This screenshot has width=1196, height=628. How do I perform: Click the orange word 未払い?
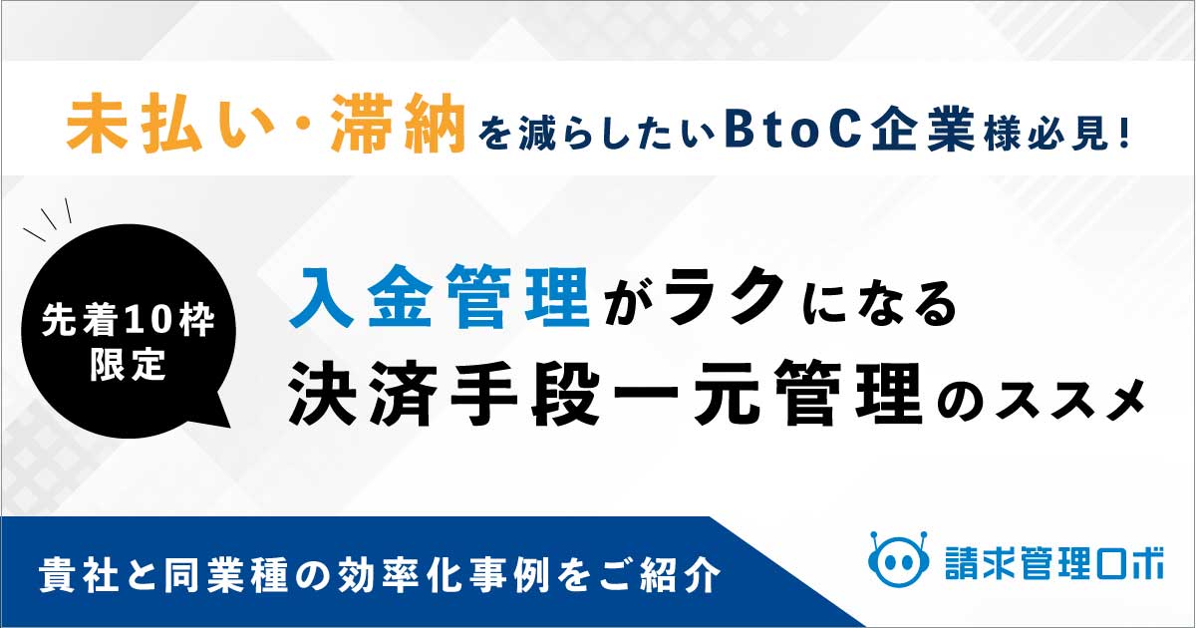(x=134, y=123)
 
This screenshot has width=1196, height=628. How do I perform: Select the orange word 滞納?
(x=399, y=123)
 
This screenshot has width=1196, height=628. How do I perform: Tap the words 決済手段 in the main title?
(x=445, y=394)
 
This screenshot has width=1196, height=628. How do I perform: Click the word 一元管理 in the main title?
(x=767, y=394)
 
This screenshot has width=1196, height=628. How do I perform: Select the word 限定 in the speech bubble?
(x=128, y=365)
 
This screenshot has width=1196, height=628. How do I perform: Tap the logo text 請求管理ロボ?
(x=1054, y=563)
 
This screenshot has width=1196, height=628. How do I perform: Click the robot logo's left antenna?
(x=875, y=539)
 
